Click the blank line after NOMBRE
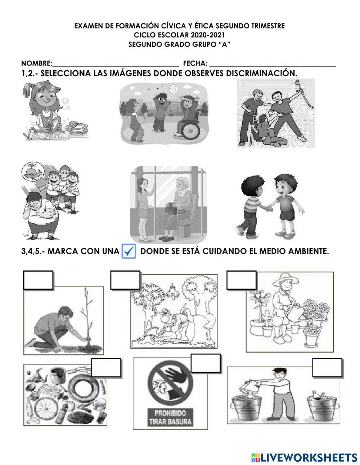point(115,64)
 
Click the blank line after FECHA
point(273,64)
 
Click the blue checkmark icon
point(129,251)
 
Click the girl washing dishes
point(47,108)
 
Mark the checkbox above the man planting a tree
point(38,280)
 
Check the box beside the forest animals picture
point(125,280)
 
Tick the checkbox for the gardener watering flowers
point(241,280)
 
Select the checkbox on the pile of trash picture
point(106,368)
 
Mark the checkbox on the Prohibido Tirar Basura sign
point(206,363)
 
